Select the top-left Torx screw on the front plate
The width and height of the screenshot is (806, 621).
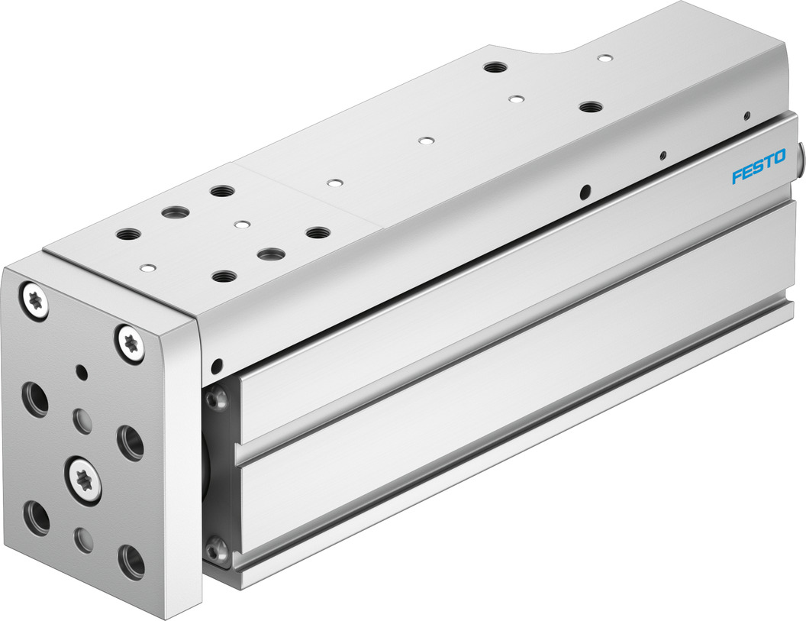[34, 299]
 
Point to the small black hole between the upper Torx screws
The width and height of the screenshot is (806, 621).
[82, 373]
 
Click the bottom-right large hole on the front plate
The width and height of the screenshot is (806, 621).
[131, 561]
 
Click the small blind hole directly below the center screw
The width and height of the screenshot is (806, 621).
[83, 538]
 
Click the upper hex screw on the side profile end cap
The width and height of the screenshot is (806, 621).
[217, 396]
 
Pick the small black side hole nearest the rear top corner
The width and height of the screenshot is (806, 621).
[746, 116]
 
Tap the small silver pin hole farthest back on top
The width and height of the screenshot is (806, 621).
[604, 57]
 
